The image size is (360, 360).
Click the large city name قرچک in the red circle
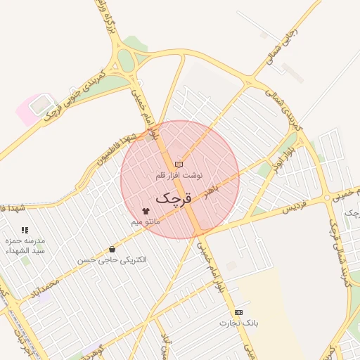click(172, 198)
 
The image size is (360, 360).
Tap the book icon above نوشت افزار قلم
click(179, 164)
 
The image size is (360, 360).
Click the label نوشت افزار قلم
click(179, 174)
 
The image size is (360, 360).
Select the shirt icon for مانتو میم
click(146, 210)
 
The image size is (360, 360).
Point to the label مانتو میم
click(146, 221)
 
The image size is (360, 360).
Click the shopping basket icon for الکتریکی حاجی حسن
click(112, 249)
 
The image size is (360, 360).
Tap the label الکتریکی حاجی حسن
click(112, 260)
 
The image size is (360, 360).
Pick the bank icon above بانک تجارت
click(238, 311)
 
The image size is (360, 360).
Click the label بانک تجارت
click(238, 323)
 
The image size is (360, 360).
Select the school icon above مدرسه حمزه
click(25, 230)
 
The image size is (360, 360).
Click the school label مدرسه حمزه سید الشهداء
click(25, 245)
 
